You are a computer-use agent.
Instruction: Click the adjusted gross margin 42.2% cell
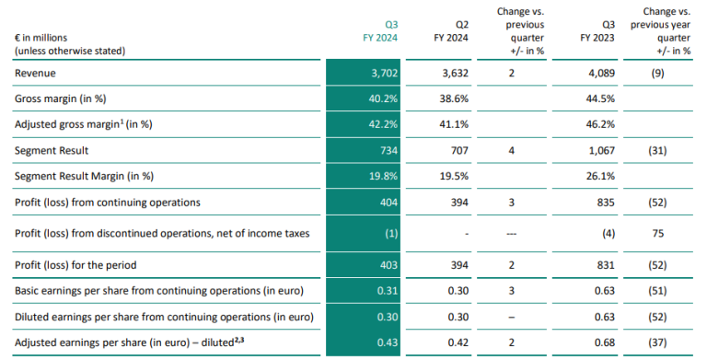[x=387, y=120]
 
